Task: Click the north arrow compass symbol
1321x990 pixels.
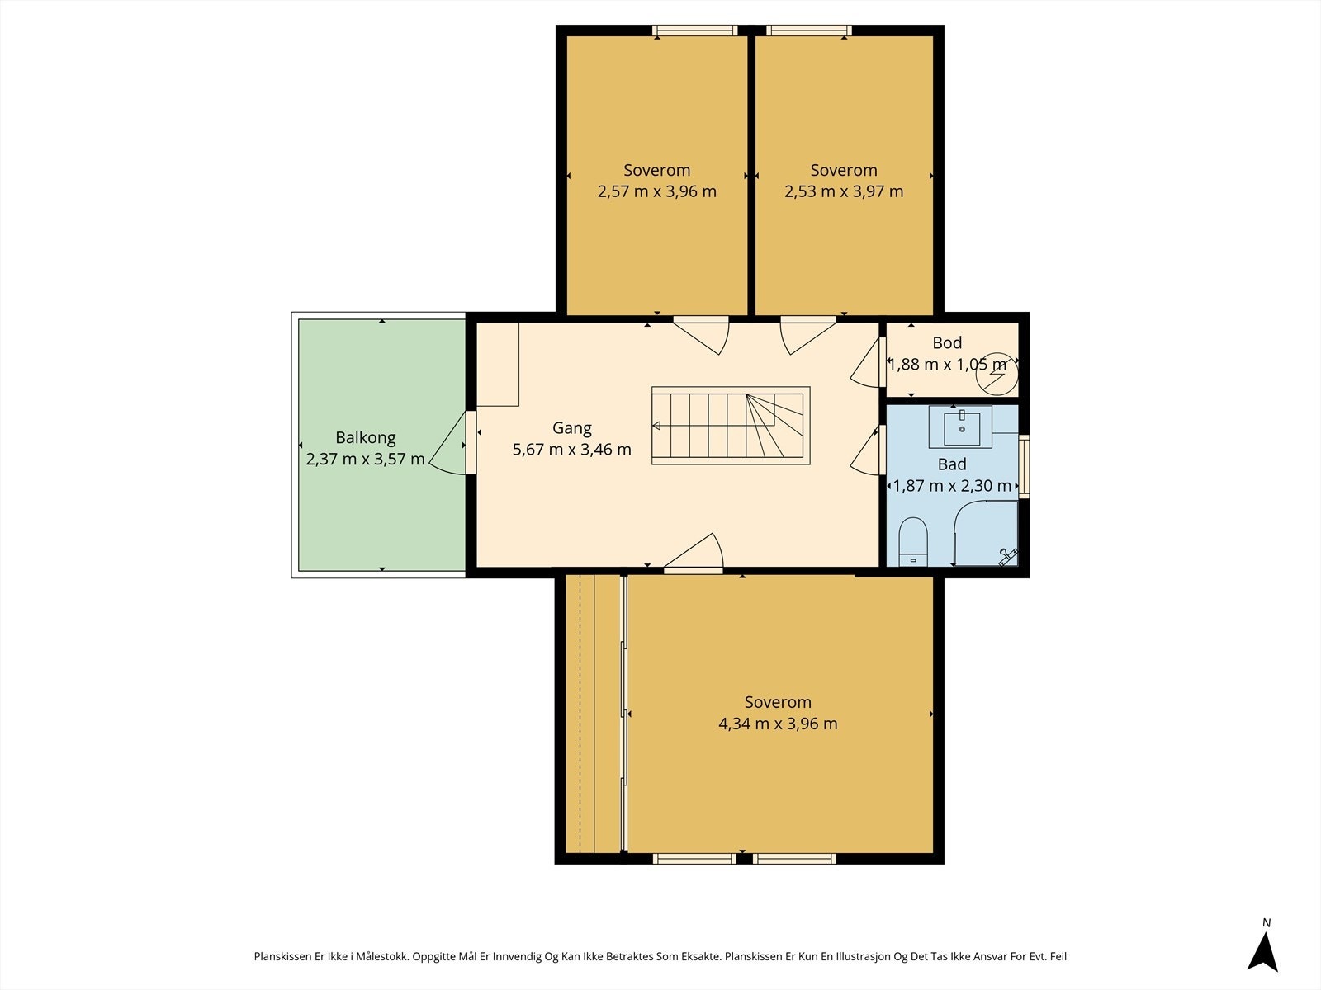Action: pyautogui.click(x=1262, y=950)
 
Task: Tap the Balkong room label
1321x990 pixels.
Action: pyautogui.click(x=365, y=437)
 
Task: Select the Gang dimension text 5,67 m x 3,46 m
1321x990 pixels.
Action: pyautogui.click(x=571, y=450)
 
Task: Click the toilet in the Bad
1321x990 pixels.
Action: pyautogui.click(x=913, y=541)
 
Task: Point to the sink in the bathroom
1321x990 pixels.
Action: pyautogui.click(x=961, y=427)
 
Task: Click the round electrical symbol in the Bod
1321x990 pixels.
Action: pyautogui.click(x=997, y=373)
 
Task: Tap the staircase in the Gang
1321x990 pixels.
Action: pyautogui.click(x=731, y=426)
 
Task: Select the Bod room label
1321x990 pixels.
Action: pyautogui.click(x=947, y=342)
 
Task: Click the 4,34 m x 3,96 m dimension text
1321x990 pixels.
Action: pyautogui.click(x=778, y=724)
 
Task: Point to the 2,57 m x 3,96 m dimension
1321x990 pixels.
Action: pyautogui.click(x=656, y=191)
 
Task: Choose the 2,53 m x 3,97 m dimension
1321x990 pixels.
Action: pyautogui.click(x=843, y=191)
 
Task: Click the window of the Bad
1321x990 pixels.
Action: pyautogui.click(x=1024, y=466)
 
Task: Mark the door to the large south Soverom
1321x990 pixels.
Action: pyautogui.click(x=694, y=553)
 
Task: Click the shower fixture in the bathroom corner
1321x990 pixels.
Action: pyautogui.click(x=1008, y=557)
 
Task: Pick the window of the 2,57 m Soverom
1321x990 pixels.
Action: pyautogui.click(x=695, y=31)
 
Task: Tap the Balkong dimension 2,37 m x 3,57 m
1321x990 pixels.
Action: pyautogui.click(x=365, y=460)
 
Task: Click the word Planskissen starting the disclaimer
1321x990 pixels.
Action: pyautogui.click(x=282, y=956)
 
